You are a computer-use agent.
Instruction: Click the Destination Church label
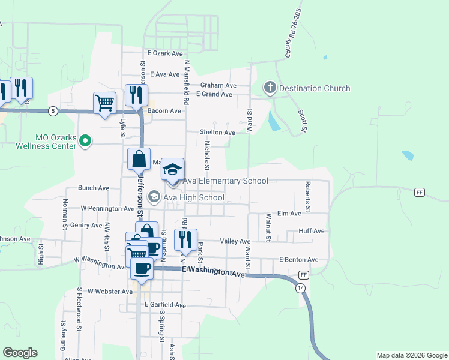point(315,89)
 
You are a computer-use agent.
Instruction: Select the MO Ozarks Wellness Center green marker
point(85,142)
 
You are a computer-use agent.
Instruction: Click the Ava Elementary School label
point(225,181)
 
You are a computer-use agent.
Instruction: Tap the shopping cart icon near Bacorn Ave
point(104,103)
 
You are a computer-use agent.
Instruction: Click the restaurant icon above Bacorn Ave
point(136,95)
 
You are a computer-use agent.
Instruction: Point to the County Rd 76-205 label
point(292,34)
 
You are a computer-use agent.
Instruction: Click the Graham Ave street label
point(218,85)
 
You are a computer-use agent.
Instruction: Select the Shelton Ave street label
point(217,132)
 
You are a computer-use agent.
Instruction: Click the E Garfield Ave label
point(165,305)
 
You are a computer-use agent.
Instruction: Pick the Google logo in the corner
point(20,353)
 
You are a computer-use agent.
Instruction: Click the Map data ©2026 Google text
point(411,355)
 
